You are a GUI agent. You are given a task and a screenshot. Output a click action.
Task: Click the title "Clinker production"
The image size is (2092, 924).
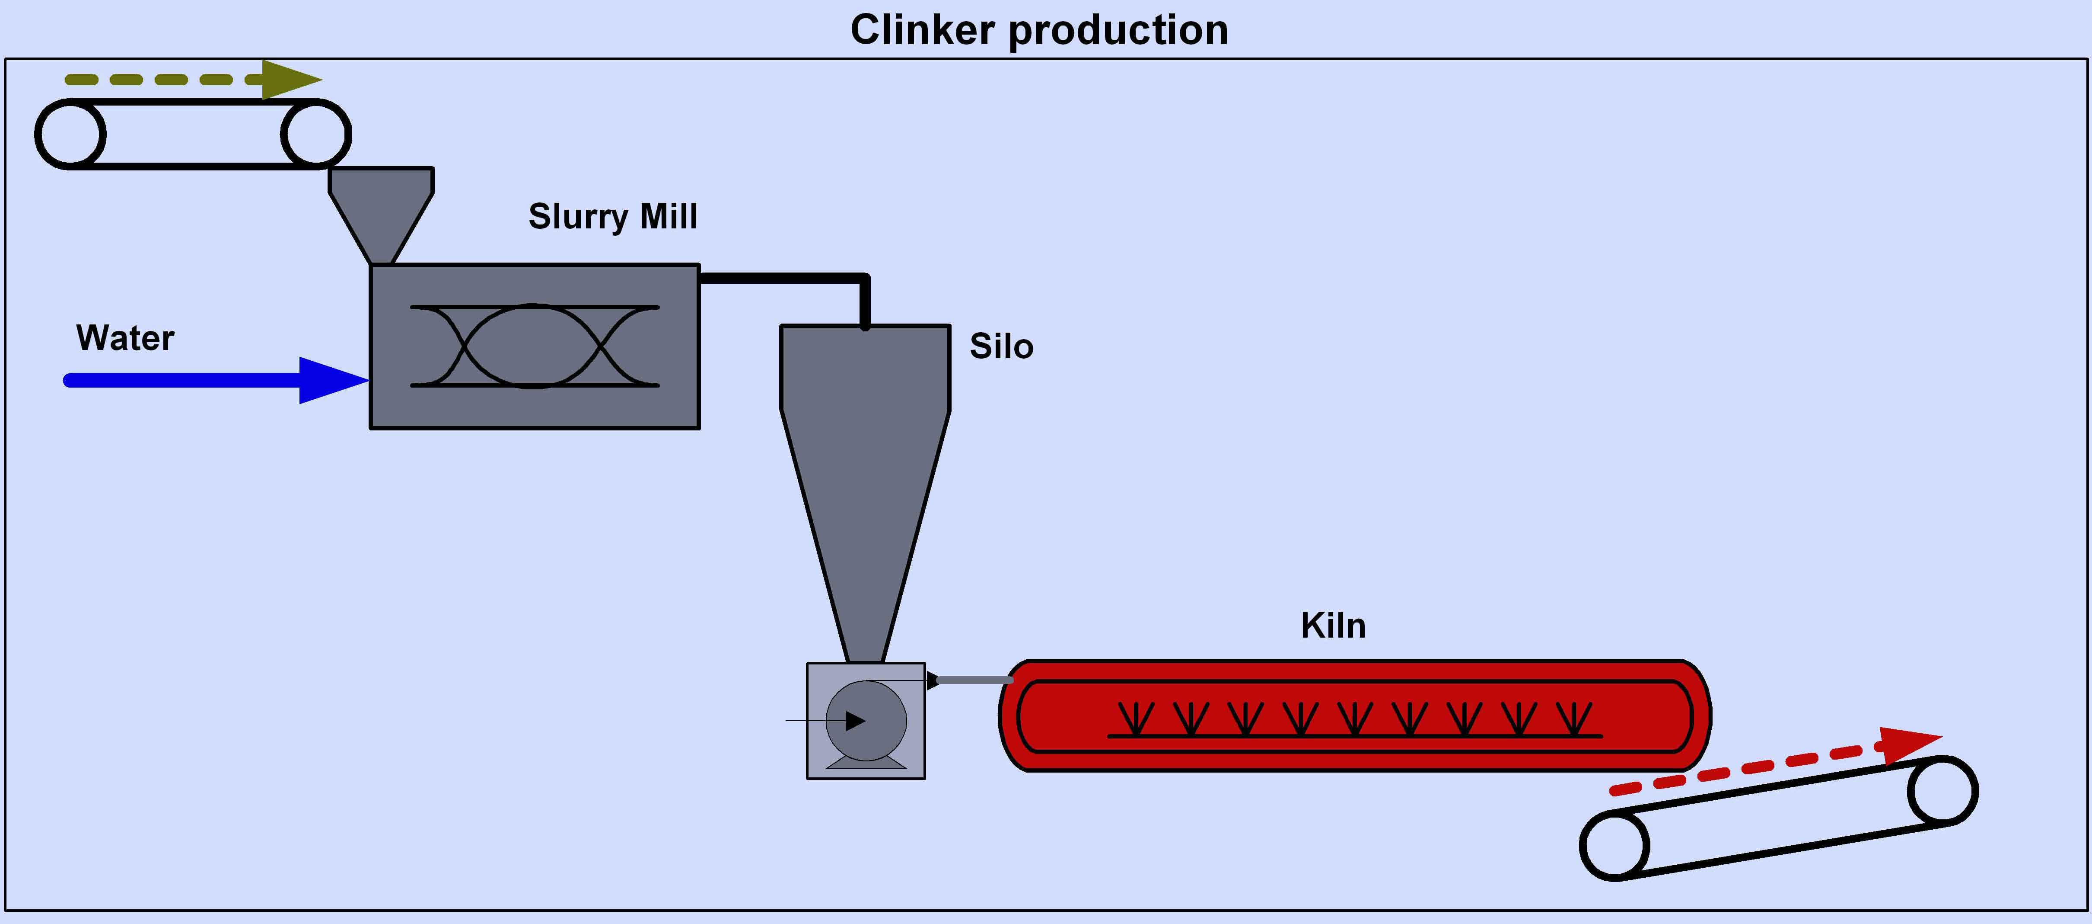click(x=1039, y=31)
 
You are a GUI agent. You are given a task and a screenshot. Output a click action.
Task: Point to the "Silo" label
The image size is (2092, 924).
click(x=1001, y=346)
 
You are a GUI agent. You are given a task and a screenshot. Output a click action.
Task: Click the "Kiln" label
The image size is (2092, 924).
click(x=1333, y=626)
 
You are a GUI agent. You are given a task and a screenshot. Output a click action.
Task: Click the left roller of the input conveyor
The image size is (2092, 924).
click(x=70, y=134)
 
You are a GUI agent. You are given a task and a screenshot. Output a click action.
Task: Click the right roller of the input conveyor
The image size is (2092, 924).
click(x=316, y=134)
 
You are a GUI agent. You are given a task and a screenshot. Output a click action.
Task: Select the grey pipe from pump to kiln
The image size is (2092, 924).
click(x=974, y=680)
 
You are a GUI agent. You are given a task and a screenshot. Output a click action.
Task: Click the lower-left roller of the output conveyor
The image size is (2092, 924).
click(x=1614, y=845)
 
